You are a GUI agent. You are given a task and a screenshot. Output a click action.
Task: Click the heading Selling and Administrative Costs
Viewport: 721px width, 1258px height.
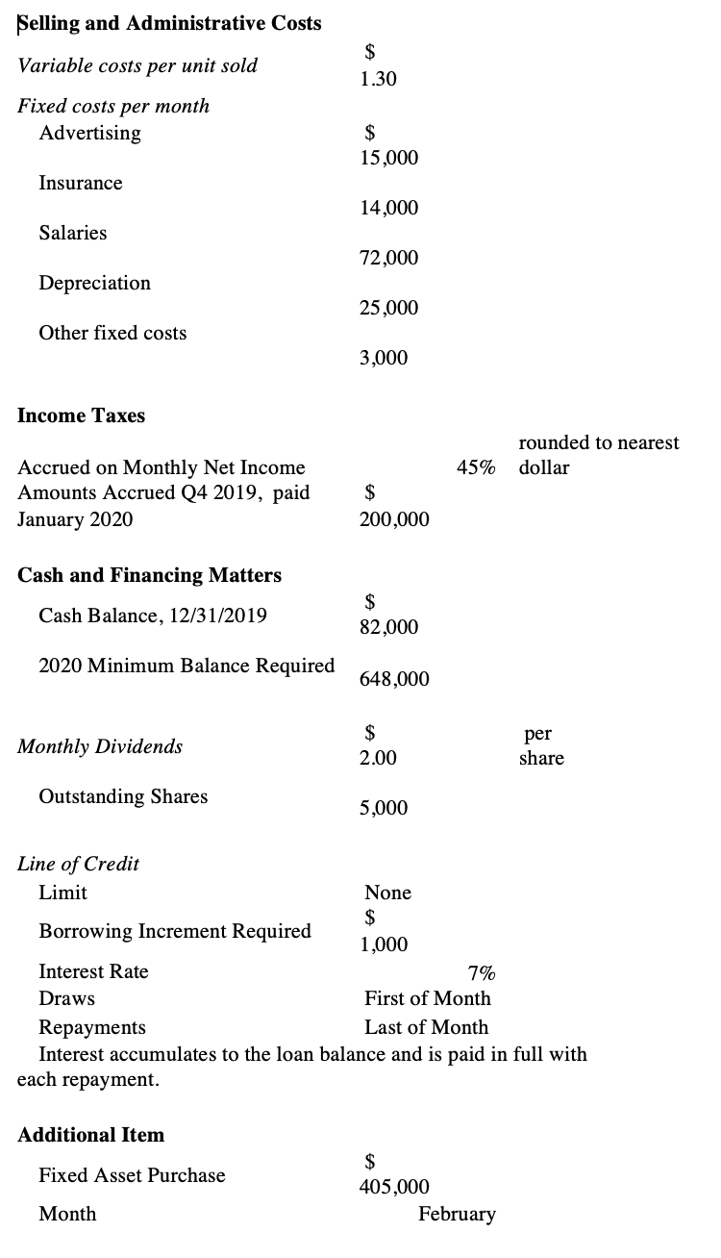tap(170, 23)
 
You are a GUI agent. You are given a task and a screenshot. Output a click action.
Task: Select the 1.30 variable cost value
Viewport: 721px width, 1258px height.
tap(378, 81)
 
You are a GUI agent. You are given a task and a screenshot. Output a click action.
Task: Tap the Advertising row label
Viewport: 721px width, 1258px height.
tap(89, 133)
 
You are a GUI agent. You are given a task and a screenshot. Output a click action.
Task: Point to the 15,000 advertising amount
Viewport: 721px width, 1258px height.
tap(389, 157)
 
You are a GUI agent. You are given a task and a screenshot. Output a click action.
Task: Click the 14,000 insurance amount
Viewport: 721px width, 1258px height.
tap(389, 208)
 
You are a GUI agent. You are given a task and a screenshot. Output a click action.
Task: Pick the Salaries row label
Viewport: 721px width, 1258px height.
tap(73, 233)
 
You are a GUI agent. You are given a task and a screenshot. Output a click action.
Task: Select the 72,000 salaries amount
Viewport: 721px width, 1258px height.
tap(389, 258)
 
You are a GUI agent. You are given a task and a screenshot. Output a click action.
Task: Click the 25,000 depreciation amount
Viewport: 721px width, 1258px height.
tap(389, 308)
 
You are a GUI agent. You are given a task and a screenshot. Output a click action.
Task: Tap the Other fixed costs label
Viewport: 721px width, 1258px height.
tap(112, 333)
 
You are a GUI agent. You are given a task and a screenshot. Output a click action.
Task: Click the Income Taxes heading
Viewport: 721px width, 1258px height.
tap(82, 415)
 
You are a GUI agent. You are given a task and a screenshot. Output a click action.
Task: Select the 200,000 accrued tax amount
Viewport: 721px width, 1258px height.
tap(394, 519)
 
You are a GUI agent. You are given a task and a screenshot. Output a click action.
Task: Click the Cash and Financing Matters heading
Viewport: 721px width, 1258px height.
tap(150, 575)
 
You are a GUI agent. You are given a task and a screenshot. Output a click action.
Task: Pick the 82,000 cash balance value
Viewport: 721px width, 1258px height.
tap(389, 627)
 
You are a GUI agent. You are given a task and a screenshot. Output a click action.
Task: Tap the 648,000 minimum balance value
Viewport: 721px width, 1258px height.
tap(394, 679)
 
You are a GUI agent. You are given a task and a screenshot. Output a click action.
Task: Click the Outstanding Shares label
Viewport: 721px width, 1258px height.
tap(123, 796)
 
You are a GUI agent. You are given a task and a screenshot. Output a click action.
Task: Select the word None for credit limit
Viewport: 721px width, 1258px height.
tap(387, 893)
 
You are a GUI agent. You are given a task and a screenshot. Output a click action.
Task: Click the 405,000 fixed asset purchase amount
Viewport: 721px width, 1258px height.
tap(394, 1188)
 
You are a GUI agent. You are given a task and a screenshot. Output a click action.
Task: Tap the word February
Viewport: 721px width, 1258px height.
tap(457, 1214)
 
